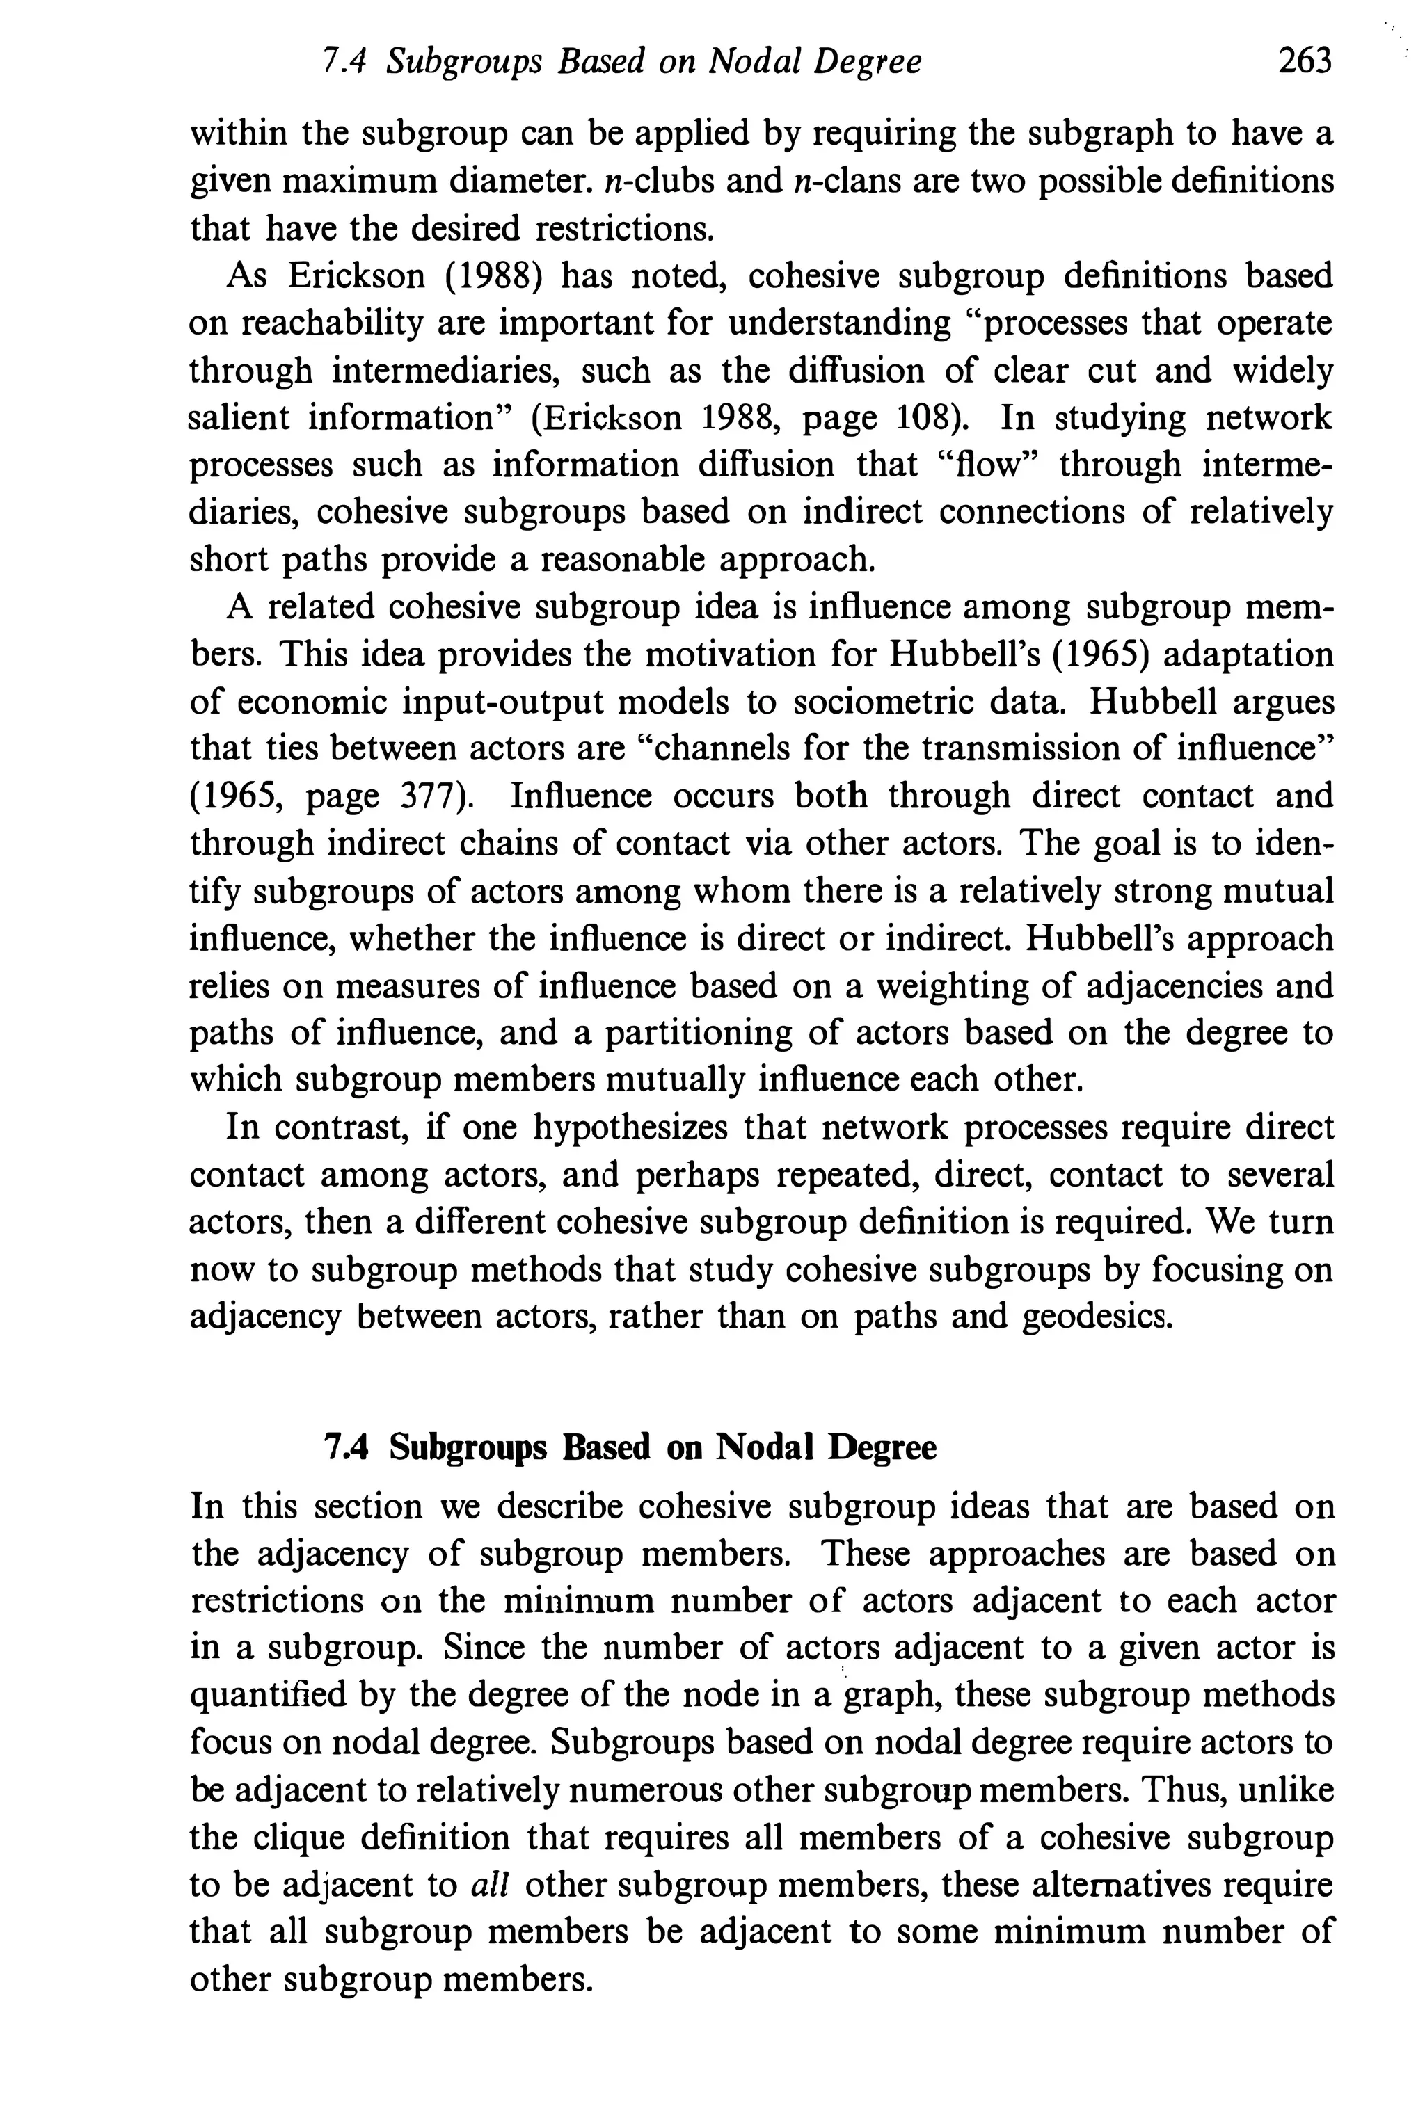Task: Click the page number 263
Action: pos(1304,61)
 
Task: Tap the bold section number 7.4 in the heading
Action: pos(345,1448)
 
